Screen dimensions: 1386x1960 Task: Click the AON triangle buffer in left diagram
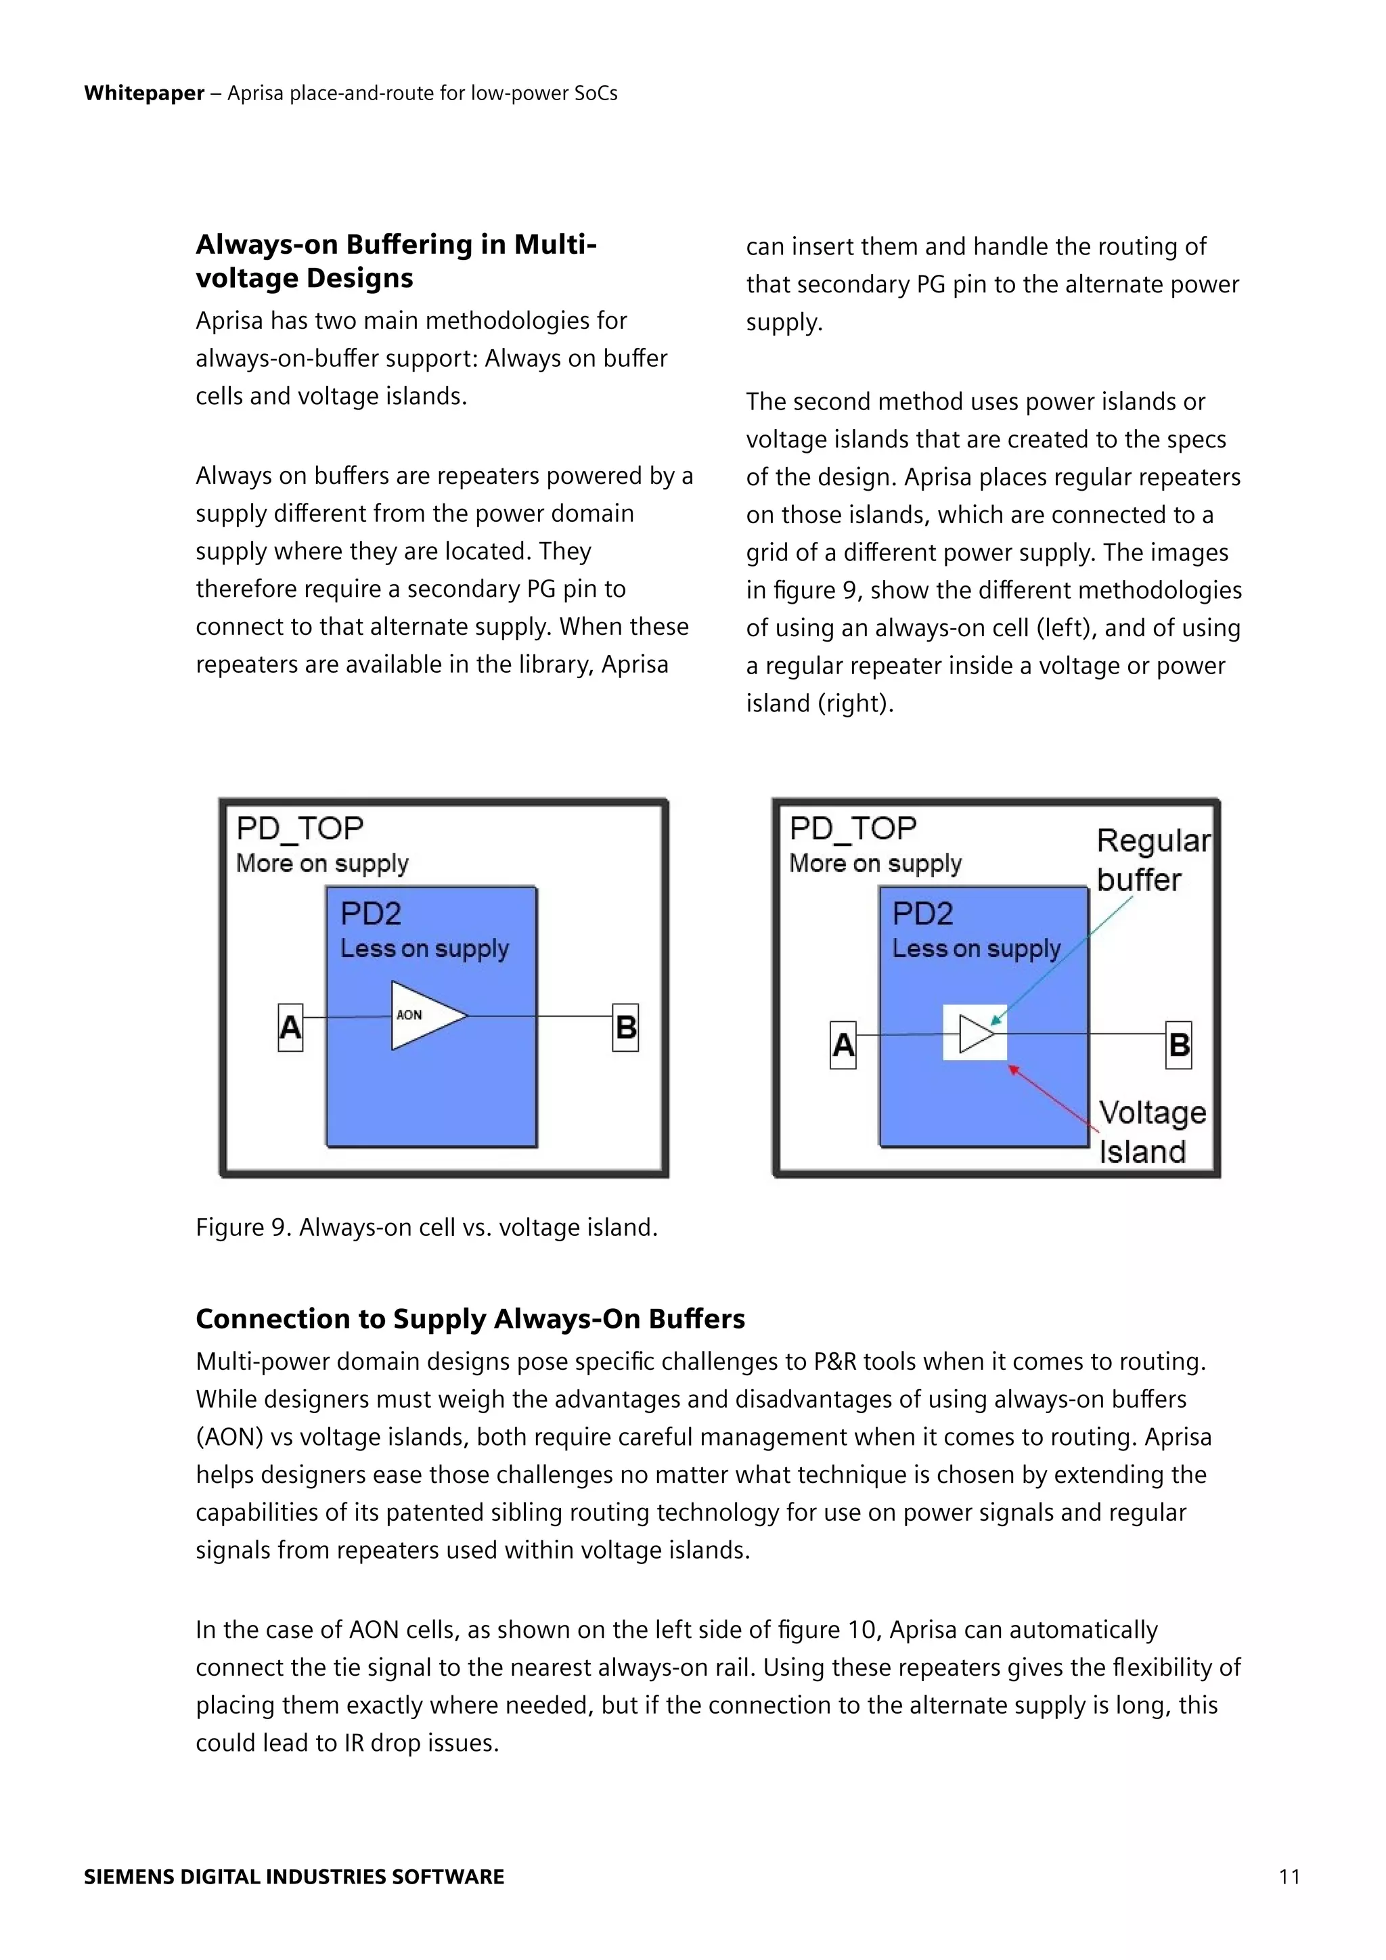pos(425,1015)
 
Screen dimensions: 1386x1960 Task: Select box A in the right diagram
pos(843,1045)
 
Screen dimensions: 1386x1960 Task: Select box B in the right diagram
pos(1179,1045)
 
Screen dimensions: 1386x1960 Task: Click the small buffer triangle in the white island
pos(975,1033)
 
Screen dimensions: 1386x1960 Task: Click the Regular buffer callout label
pos(1151,860)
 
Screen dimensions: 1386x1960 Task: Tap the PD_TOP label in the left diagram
pos(300,828)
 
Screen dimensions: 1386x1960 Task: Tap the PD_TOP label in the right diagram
pos(853,828)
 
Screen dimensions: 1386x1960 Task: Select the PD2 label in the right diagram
pos(922,914)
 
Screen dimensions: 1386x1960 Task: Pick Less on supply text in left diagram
pos(424,948)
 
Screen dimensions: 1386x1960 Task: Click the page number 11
pos(1289,1876)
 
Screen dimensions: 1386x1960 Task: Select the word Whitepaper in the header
pos(144,93)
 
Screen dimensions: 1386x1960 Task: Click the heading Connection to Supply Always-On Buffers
pos(470,1319)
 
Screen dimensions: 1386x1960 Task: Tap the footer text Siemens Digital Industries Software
pos(294,1876)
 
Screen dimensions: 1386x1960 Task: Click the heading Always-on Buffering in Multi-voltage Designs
pos(395,261)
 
